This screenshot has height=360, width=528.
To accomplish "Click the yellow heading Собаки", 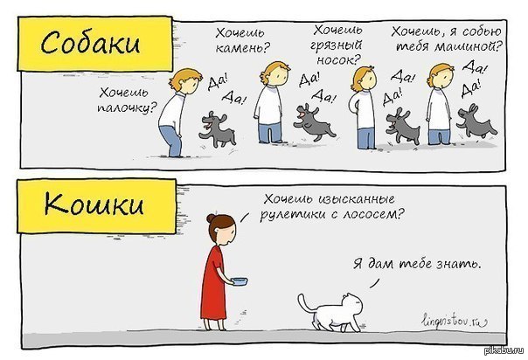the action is (x=90, y=44).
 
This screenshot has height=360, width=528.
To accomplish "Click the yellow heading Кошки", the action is (x=94, y=204).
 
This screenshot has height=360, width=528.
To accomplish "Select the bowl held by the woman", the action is (x=239, y=281).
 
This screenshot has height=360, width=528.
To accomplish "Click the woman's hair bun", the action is (x=211, y=218).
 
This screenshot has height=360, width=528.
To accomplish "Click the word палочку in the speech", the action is (x=127, y=107).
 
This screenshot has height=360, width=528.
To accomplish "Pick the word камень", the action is (x=242, y=48).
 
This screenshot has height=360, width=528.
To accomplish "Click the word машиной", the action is (x=467, y=45).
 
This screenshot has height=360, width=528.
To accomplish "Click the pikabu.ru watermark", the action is (x=504, y=350).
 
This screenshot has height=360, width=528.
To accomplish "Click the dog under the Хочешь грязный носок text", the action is (x=314, y=121).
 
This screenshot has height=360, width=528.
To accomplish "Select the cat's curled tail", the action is (x=305, y=302).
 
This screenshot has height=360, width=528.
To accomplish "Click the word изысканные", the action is (x=357, y=199).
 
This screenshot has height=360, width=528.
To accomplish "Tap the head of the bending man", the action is (x=186, y=81).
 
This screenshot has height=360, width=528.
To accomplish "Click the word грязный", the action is (x=336, y=45).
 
